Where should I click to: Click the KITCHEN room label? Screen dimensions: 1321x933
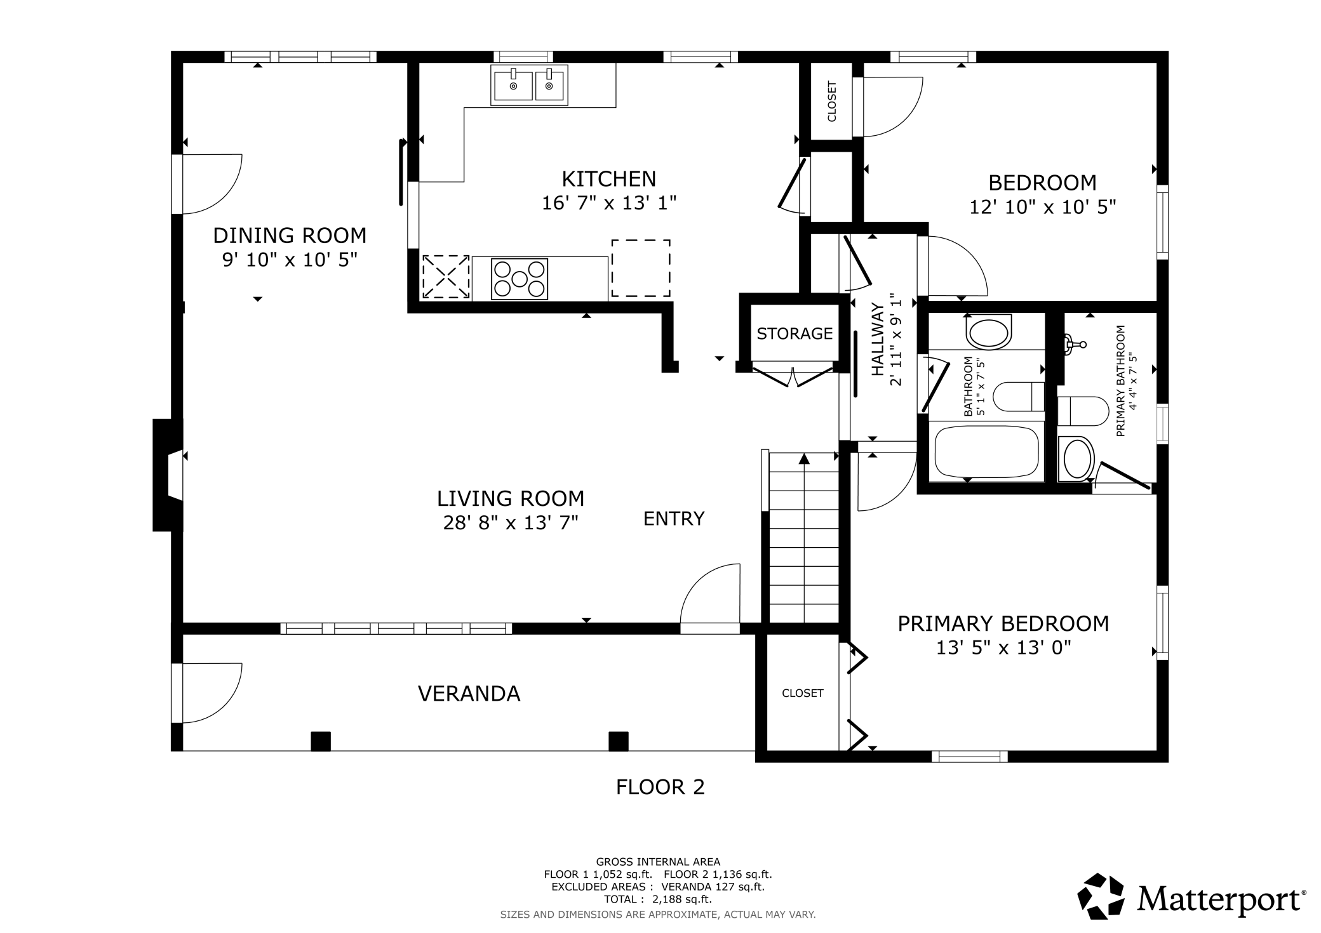coord(608,179)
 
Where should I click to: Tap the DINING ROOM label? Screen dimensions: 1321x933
coord(290,235)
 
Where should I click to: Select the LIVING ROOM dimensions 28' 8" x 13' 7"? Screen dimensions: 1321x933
coord(511,523)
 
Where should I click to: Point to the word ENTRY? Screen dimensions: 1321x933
coord(674,519)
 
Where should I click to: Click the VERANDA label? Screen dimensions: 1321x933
coord(469,694)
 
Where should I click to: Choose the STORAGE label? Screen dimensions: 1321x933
coord(795,334)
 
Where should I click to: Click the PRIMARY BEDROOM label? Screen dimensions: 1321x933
coord(1003,624)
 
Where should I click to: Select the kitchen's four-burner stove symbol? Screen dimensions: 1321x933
coord(520,279)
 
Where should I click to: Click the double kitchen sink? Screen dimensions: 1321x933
coord(529,85)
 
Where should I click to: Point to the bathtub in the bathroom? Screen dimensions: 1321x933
coord(986,452)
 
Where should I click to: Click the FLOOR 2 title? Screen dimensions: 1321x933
coord(660,788)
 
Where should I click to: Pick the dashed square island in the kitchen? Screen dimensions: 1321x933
coord(641,268)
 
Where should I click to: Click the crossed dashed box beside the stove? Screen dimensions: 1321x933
coord(446,277)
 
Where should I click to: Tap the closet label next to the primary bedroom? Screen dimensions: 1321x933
coord(803,694)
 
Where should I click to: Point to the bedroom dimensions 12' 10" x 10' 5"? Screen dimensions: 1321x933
coord(1042,208)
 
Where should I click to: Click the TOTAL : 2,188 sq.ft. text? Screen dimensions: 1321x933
coord(658,899)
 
